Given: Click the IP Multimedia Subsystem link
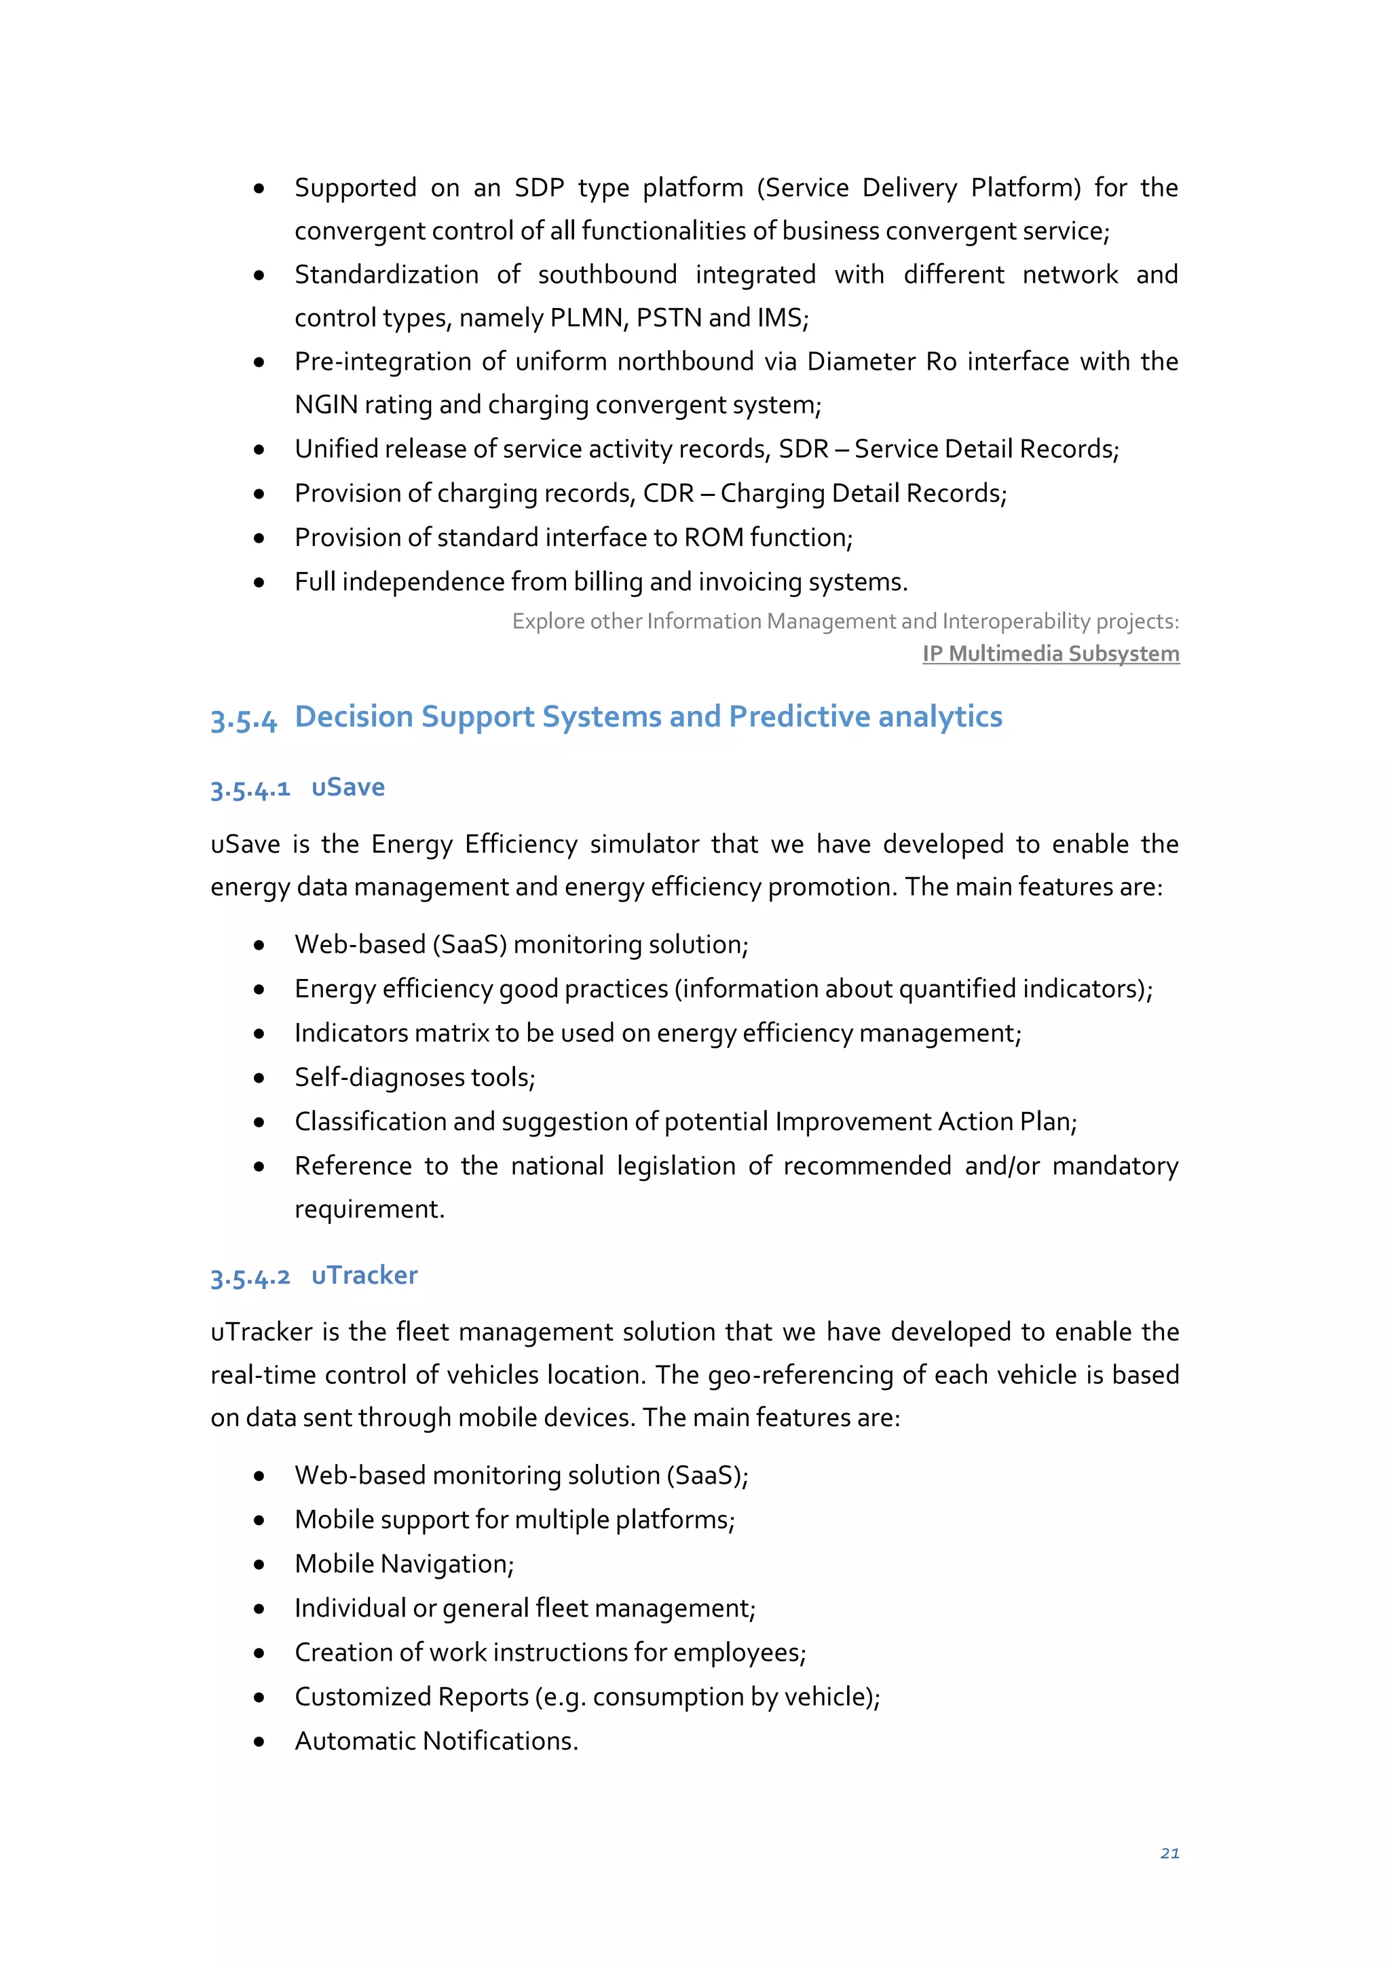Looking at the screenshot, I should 1050,653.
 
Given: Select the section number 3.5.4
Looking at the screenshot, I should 244,719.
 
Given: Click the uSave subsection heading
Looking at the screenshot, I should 347,787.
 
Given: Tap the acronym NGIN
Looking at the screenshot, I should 326,405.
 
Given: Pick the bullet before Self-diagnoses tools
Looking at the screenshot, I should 259,1078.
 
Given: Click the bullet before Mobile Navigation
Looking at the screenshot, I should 259,1564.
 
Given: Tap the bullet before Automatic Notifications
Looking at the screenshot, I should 259,1741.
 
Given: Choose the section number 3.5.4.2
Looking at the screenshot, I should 250,1277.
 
